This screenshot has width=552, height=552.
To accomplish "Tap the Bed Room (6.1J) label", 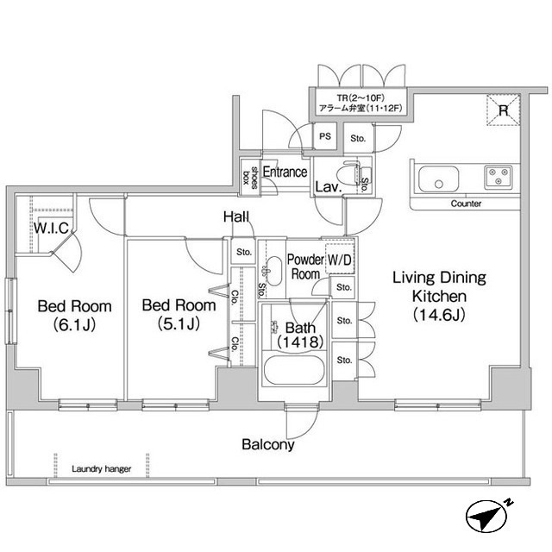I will click(x=74, y=315).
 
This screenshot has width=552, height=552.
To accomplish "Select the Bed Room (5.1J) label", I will click(x=178, y=315).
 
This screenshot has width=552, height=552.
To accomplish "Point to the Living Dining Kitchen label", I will click(x=439, y=296).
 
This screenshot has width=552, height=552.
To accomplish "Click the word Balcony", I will click(x=267, y=445).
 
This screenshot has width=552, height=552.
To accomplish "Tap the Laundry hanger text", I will click(x=102, y=469).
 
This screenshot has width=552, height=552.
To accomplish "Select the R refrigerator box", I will click(x=504, y=110).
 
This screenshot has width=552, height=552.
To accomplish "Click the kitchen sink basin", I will click(x=439, y=182).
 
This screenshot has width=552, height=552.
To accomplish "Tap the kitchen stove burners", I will click(x=498, y=177).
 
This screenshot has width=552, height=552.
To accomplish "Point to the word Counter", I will click(x=466, y=204).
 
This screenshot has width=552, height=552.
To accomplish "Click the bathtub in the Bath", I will click(x=292, y=374).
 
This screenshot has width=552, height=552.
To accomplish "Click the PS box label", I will click(x=325, y=135).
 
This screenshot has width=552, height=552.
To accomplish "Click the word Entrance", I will click(x=285, y=172).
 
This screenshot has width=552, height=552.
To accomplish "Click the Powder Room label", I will click(x=305, y=266).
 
